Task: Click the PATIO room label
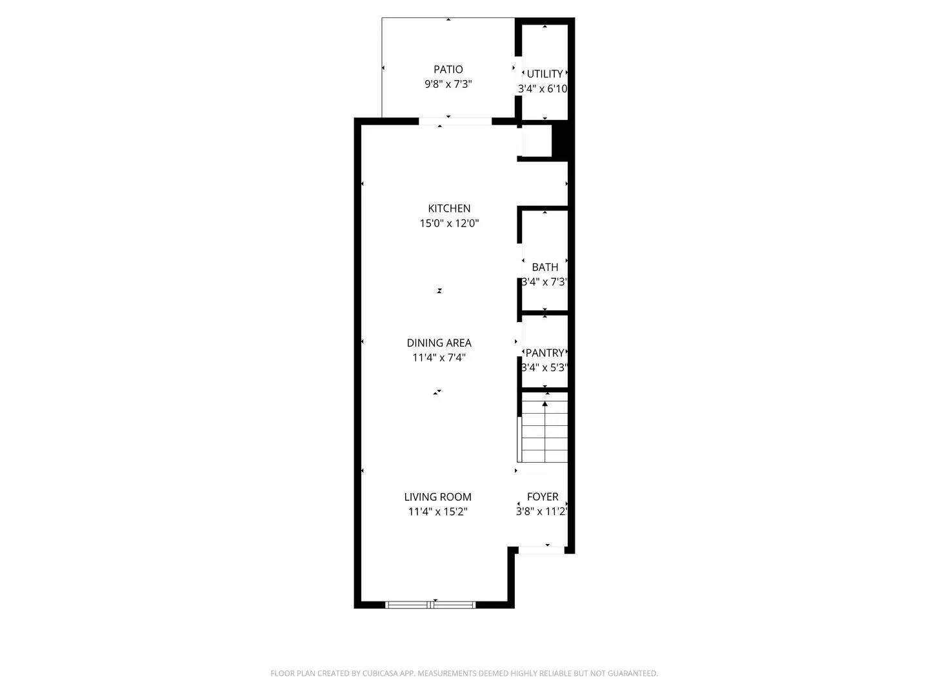pyautogui.click(x=448, y=69)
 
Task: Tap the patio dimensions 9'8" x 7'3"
pyautogui.click(x=448, y=84)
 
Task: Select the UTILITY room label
pyautogui.click(x=544, y=74)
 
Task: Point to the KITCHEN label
pyautogui.click(x=449, y=208)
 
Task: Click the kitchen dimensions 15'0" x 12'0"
pyautogui.click(x=449, y=223)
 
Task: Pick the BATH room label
pyautogui.click(x=545, y=267)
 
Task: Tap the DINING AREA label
pyautogui.click(x=439, y=343)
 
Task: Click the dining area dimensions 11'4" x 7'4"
pyautogui.click(x=439, y=358)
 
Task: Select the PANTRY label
pyautogui.click(x=544, y=352)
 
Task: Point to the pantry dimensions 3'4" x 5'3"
pyautogui.click(x=544, y=368)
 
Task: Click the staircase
pyautogui.click(x=544, y=431)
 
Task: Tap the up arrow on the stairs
pyautogui.click(x=545, y=404)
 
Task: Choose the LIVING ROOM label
pyautogui.click(x=437, y=497)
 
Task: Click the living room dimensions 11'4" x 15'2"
pyautogui.click(x=437, y=512)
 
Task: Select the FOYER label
pyautogui.click(x=543, y=496)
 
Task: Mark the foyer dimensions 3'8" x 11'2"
pyautogui.click(x=542, y=512)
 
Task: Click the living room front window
pyautogui.click(x=430, y=605)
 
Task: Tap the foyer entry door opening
pyautogui.click(x=542, y=551)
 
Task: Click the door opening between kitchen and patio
pyautogui.click(x=455, y=121)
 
